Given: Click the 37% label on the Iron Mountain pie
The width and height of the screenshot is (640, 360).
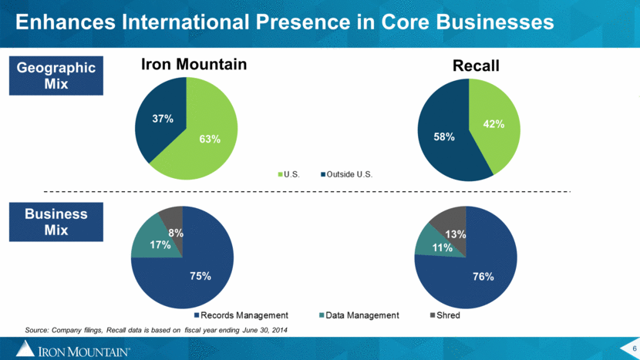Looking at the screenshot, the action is click(163, 119).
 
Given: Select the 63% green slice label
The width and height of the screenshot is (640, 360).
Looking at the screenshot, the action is click(210, 140).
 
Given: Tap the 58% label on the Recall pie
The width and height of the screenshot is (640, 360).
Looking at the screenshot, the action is click(444, 136).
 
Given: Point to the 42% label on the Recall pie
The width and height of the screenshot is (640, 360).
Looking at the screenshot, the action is click(493, 124).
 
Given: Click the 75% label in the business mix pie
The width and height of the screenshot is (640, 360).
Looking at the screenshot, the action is click(200, 276).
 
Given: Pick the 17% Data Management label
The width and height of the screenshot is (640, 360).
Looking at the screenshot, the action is click(160, 245).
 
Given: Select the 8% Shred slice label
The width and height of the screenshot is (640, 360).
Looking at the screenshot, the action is click(176, 233).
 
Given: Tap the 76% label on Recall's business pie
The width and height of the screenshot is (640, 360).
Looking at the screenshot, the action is click(483, 277).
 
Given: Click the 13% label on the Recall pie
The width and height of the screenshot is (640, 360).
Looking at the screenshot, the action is click(456, 234).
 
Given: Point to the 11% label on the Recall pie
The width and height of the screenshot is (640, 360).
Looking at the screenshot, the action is click(443, 247).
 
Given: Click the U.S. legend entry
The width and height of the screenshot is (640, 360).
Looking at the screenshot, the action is click(289, 175).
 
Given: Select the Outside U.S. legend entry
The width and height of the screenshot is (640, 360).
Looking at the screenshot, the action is click(347, 175).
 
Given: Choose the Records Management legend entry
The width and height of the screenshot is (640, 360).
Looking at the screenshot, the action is click(241, 315).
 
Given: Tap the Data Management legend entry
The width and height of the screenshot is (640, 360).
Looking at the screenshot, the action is click(359, 315).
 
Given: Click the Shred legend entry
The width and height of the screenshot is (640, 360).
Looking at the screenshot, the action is click(446, 315).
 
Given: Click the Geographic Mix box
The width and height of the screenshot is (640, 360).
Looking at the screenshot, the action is click(56, 76).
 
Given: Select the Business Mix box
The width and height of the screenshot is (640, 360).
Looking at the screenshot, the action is click(56, 222).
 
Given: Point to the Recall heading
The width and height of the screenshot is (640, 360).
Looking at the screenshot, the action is click(476, 66).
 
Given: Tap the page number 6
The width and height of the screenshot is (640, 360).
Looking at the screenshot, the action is click(635, 348).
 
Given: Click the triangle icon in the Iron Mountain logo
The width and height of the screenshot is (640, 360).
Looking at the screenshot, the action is click(25, 348).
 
